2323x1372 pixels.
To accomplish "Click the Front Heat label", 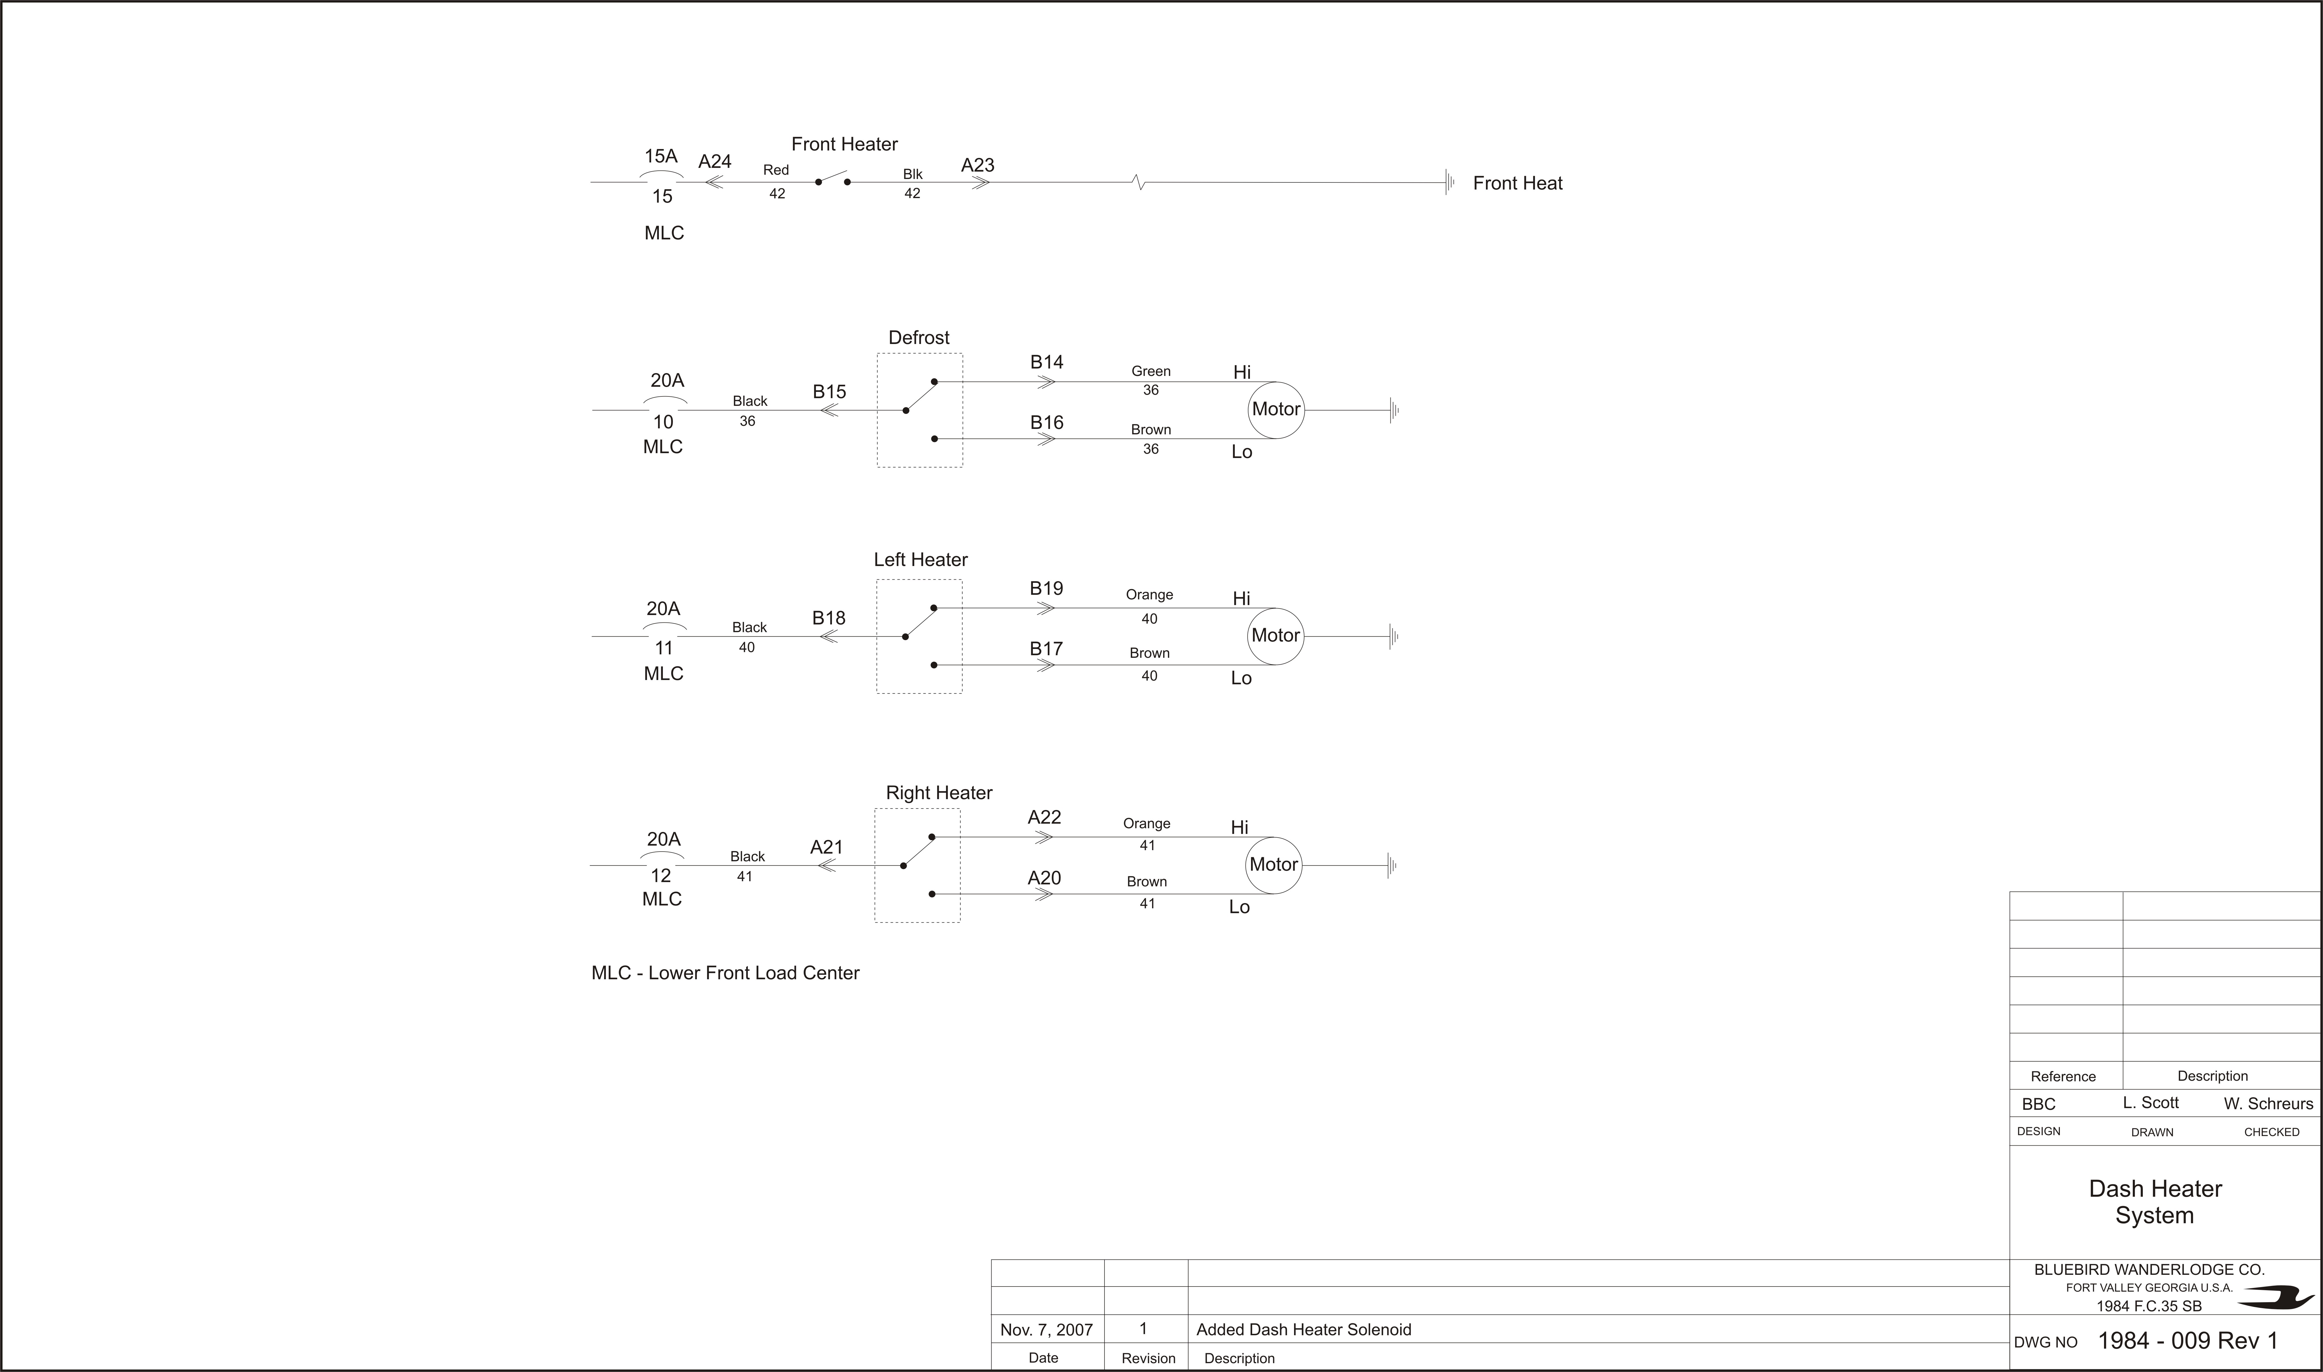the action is click(x=1518, y=183).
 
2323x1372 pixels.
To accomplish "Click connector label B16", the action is click(x=1047, y=422).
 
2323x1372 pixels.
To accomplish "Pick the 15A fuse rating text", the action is click(x=661, y=156).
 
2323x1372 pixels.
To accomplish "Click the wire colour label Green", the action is click(x=1151, y=371).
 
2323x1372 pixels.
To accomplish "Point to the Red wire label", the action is click(x=776, y=170).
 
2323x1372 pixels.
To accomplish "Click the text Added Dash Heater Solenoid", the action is click(x=1304, y=1330).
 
